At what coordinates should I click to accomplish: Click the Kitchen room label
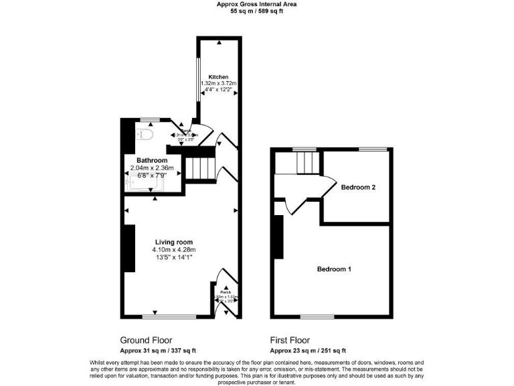(218, 76)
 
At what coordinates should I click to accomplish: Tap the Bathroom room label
(152, 161)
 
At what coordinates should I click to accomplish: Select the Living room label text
(174, 242)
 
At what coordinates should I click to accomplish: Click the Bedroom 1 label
(334, 269)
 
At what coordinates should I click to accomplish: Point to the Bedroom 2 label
(357, 187)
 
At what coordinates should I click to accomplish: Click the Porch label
(225, 292)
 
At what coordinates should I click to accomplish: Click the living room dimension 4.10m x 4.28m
(174, 250)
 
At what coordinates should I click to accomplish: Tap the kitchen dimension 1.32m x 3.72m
(218, 83)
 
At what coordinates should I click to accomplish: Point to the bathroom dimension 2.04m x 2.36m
(152, 168)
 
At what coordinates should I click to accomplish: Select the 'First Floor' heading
(290, 340)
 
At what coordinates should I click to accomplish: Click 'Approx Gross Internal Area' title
(257, 4)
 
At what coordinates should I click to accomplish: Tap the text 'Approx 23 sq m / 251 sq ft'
(308, 350)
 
